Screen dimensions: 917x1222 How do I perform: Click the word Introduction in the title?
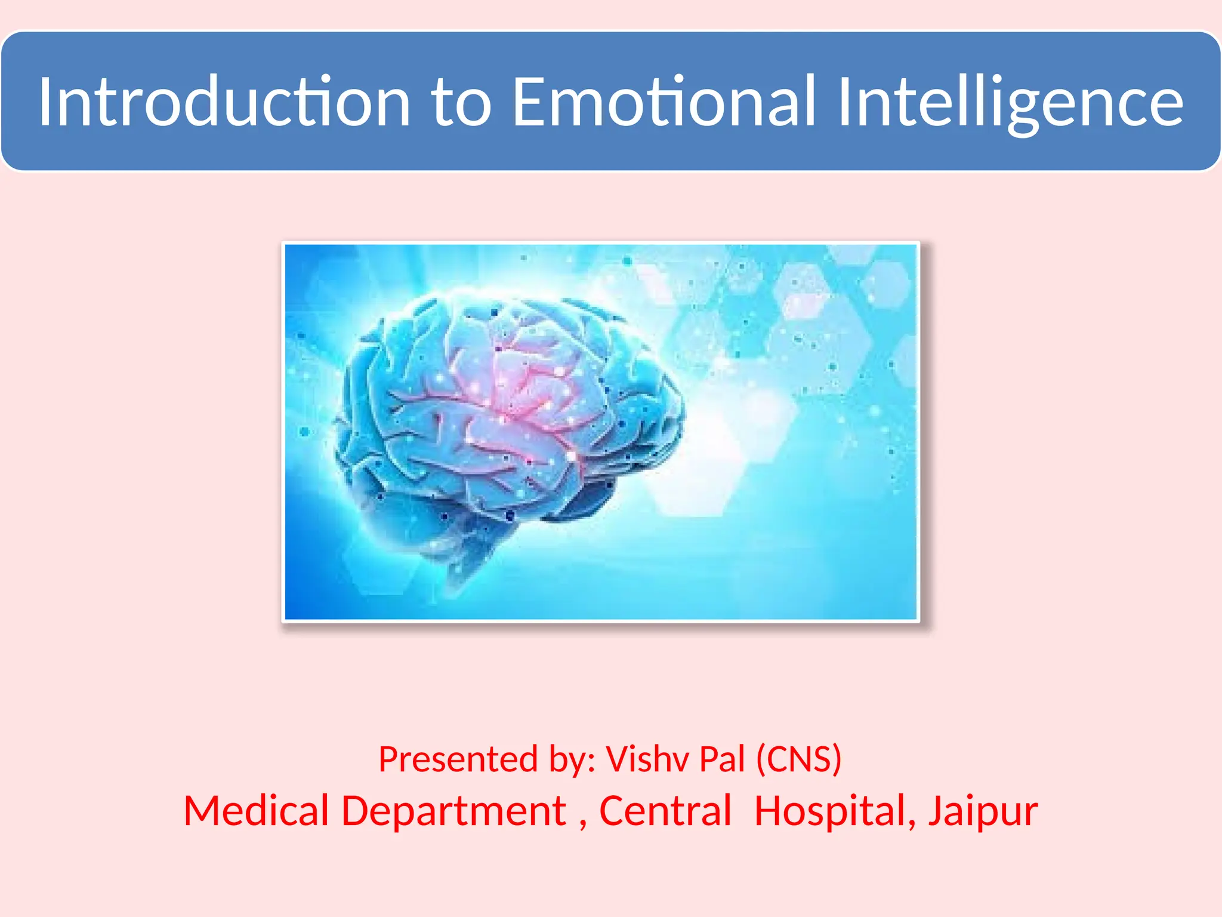[x=224, y=101]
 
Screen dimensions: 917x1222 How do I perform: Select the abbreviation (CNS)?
[x=799, y=759]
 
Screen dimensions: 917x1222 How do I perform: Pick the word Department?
[x=454, y=812]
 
